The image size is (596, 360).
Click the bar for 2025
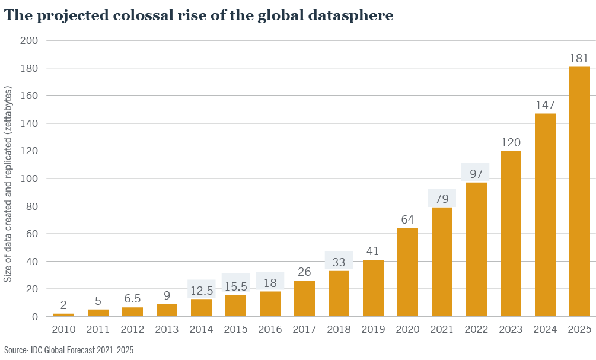point(579,192)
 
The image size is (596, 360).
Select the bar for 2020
point(407,272)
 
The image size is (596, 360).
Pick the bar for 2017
point(304,298)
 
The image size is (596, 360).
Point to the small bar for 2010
point(63,314)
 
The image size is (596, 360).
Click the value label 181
point(579,59)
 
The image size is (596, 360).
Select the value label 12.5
point(201,291)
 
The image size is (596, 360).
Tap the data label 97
point(476,174)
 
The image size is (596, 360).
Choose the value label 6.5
point(132,300)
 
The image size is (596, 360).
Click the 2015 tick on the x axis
point(235,329)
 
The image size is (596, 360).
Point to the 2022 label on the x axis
point(476,329)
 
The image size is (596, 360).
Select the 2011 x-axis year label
point(98,329)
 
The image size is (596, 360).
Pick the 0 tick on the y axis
point(35,317)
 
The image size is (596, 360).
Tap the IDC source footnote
point(69,350)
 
